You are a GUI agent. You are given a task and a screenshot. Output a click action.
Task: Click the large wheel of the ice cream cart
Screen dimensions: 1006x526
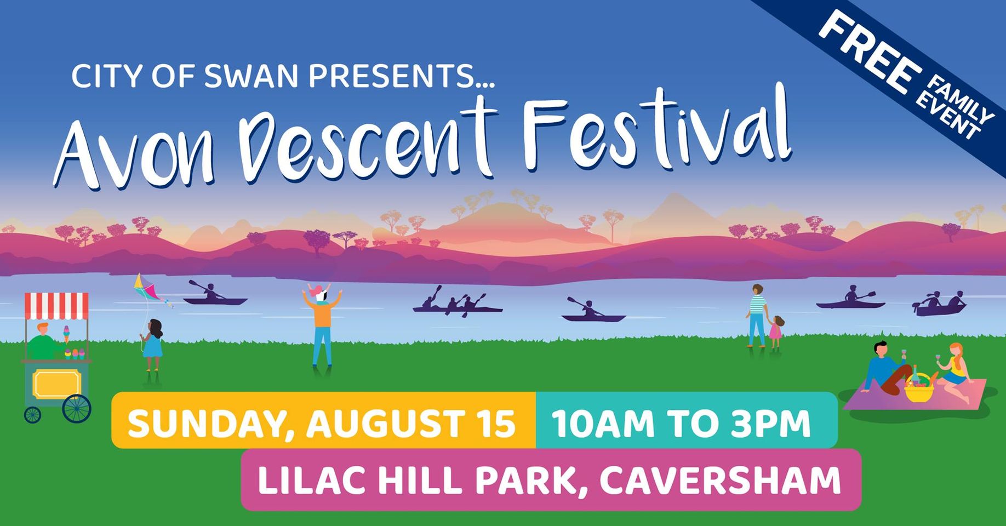pos(77,409)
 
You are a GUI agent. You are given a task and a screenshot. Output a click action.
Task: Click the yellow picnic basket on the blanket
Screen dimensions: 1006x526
pos(919,389)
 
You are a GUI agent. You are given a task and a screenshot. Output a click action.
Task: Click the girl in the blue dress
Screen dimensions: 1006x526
pos(152,344)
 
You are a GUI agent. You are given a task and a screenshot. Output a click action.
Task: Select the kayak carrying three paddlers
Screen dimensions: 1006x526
pos(457,304)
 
